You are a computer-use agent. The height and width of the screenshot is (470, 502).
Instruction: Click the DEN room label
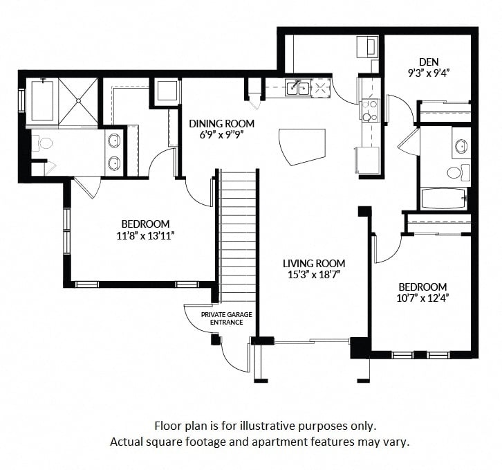429,62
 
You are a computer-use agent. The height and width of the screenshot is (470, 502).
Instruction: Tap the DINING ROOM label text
221,123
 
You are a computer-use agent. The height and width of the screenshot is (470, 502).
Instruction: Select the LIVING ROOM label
314,264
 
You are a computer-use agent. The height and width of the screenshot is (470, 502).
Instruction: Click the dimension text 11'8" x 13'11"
145,236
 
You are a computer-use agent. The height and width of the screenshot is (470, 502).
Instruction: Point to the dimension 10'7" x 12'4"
422,298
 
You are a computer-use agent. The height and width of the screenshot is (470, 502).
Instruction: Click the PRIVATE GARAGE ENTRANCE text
227,318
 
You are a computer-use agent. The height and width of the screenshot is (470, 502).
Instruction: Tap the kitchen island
302,147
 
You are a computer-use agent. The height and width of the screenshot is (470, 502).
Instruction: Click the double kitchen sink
298,88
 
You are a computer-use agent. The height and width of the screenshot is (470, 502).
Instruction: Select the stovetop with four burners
369,111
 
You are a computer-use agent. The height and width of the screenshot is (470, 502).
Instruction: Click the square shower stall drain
78,101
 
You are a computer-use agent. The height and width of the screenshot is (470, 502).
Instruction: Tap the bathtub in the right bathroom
443,199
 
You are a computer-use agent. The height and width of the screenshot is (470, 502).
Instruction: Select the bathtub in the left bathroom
43,100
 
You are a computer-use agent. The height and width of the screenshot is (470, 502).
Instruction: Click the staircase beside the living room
237,236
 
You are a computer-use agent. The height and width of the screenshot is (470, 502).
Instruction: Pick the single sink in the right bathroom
461,146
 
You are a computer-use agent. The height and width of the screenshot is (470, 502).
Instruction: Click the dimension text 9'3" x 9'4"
429,73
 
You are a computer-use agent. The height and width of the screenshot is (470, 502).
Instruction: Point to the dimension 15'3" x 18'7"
314,275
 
